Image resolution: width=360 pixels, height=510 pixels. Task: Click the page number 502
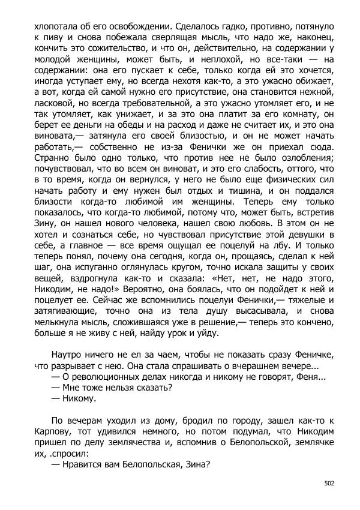coord(329,482)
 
